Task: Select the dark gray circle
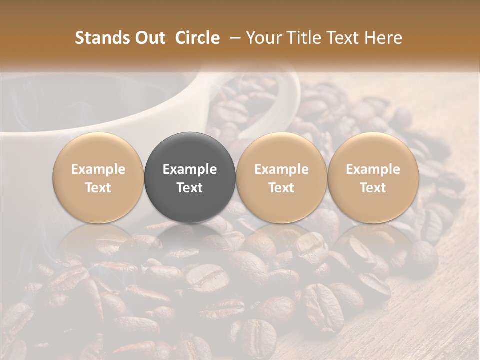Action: coord(190,177)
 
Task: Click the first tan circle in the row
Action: coord(98,177)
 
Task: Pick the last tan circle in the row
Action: coord(373,177)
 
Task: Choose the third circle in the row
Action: coord(281,177)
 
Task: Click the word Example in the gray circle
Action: coord(190,169)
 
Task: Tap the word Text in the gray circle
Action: coord(190,188)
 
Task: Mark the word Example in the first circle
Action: coord(98,169)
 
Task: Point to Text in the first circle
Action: coord(98,188)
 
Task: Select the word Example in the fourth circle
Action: coord(373,169)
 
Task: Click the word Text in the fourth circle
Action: coord(373,188)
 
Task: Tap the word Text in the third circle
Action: coord(281,188)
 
